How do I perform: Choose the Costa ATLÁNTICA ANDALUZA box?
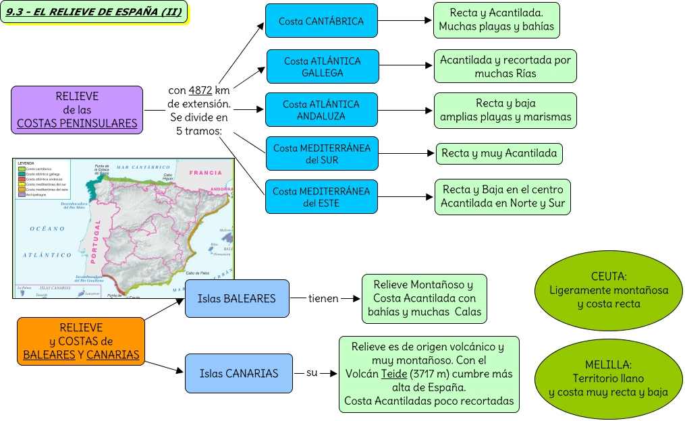[321, 110]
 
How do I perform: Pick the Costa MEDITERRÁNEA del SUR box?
[322, 154]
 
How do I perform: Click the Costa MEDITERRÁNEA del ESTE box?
[321, 196]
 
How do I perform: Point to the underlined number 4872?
[200, 91]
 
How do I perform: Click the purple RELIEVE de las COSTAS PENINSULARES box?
[77, 109]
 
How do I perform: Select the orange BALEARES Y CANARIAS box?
[81, 341]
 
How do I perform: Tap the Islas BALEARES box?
[237, 298]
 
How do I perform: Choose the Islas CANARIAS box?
[239, 373]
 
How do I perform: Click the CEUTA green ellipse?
[609, 290]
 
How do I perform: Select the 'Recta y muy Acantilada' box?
[499, 153]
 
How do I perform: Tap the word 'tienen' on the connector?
[323, 298]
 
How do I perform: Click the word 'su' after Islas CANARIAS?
[312, 372]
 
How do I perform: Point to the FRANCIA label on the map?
[205, 173]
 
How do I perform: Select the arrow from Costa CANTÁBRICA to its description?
[404, 21]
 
